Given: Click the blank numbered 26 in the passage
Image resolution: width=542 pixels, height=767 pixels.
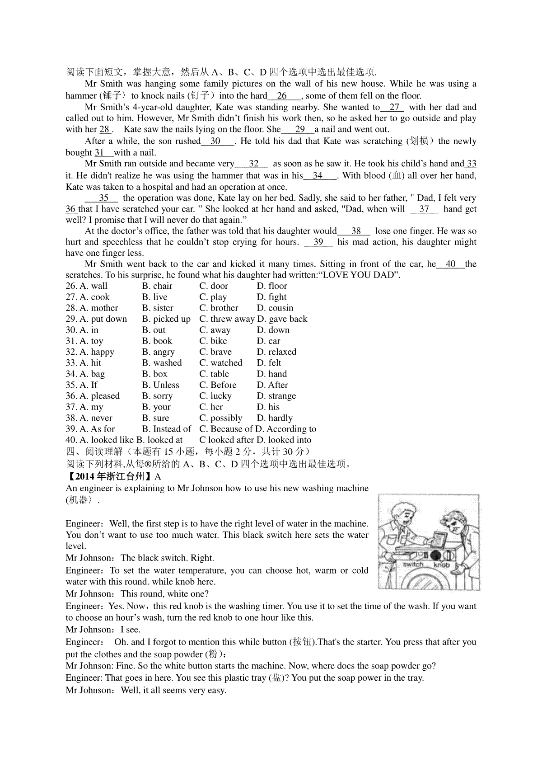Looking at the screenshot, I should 282,96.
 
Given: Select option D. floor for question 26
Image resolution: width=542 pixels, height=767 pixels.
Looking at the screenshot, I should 272,286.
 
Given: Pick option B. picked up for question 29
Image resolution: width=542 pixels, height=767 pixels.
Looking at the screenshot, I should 166,319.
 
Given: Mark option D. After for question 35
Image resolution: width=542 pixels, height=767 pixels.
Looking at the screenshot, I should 272,385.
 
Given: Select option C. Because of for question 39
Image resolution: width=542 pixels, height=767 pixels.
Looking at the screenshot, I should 226,429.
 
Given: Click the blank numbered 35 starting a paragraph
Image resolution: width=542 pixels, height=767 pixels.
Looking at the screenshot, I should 103,198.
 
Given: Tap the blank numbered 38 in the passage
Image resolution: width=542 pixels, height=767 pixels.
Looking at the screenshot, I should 356,231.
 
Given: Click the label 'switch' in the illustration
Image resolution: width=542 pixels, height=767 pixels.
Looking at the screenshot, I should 413,564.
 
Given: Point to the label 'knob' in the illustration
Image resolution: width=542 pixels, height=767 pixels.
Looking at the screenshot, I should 441,565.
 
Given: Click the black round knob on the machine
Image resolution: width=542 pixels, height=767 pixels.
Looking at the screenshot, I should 436,555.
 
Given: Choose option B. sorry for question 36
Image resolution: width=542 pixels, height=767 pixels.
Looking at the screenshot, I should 157,396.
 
